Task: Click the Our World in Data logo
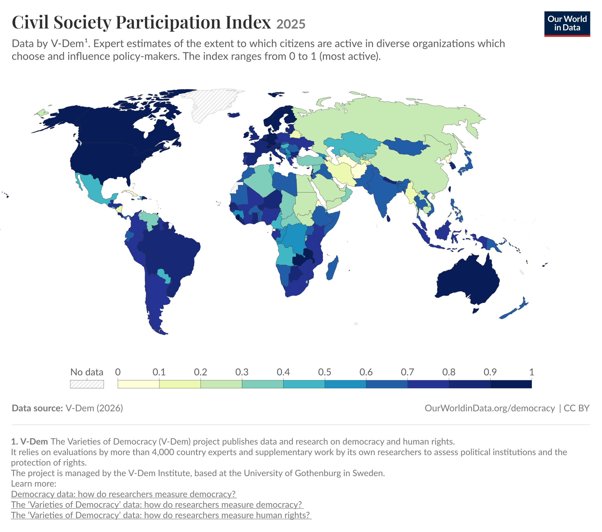coord(567,24)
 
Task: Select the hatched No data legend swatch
coord(87,384)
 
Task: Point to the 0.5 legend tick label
coord(325,372)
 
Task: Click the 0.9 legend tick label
coord(490,372)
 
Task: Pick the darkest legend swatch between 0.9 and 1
coord(511,384)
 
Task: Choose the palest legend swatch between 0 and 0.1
coord(139,384)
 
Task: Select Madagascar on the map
coord(332,268)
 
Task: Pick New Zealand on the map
coord(514,308)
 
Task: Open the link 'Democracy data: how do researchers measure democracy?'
coord(124,494)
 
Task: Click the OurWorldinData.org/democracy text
coord(490,408)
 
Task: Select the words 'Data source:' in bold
coord(37,408)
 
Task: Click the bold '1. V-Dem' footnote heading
coord(29,441)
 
